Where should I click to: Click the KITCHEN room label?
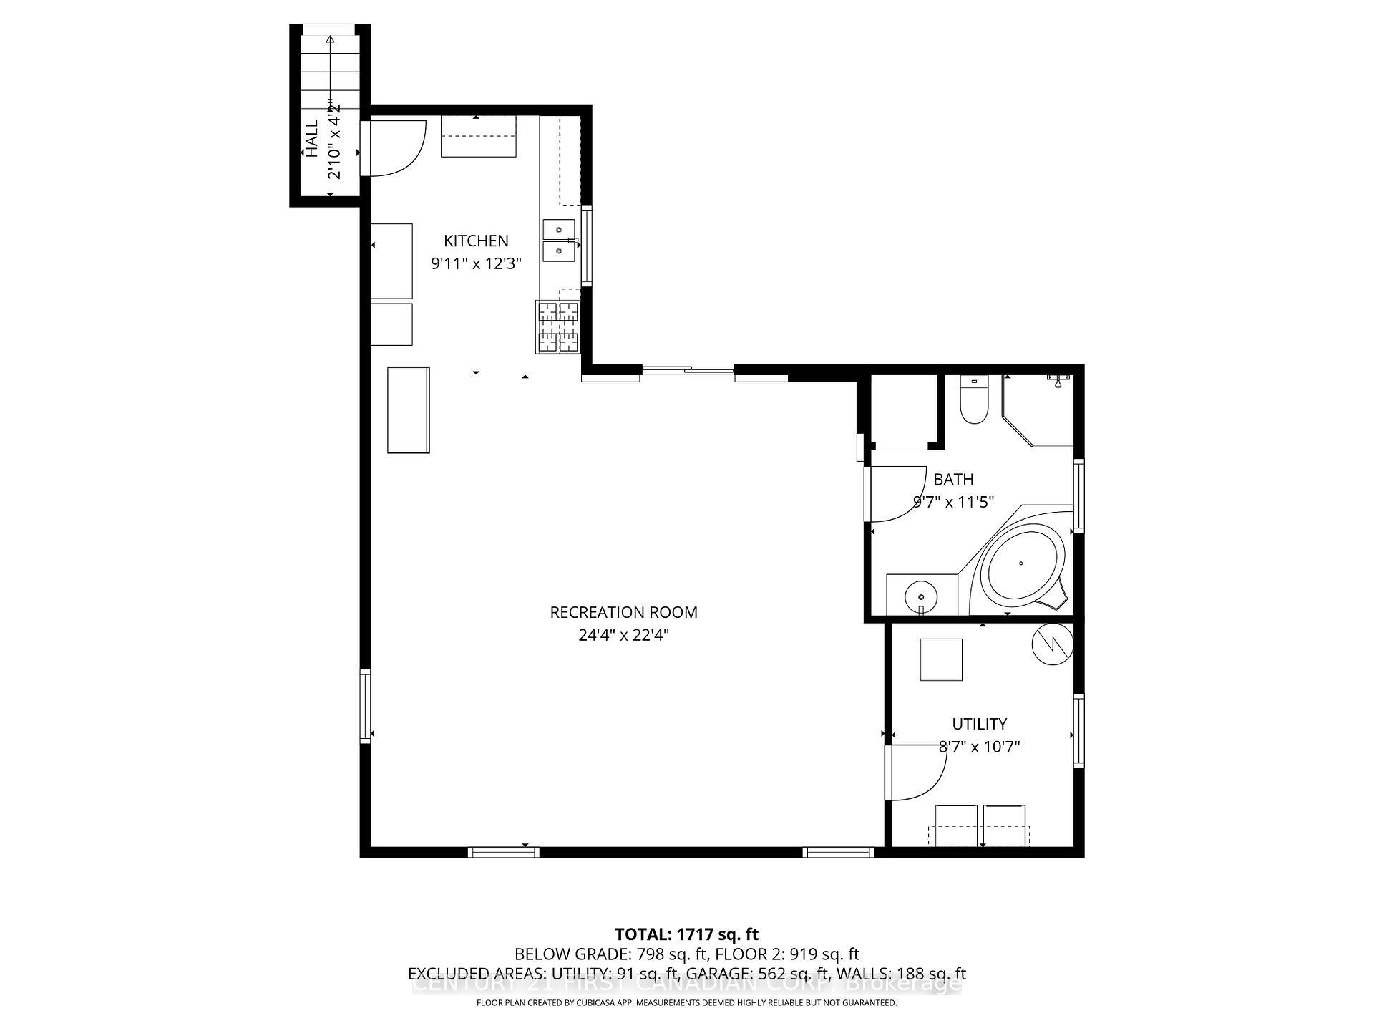476,241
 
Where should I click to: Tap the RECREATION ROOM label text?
623,613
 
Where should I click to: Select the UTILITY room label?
979,724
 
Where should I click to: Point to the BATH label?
953,480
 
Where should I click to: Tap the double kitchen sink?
559,241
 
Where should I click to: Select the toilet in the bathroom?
973,401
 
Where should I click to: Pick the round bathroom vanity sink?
921,596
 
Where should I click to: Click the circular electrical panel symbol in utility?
1053,644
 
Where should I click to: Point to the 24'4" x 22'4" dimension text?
623,635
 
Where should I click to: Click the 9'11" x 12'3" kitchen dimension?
476,263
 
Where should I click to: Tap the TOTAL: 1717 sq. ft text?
686,934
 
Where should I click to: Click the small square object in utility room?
941,659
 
